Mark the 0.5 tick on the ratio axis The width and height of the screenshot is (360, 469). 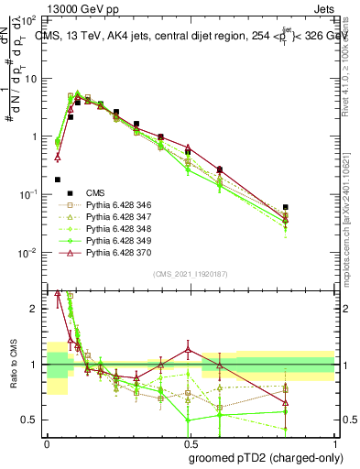(x=33, y=420)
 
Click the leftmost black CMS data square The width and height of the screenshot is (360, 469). (x=58, y=180)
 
